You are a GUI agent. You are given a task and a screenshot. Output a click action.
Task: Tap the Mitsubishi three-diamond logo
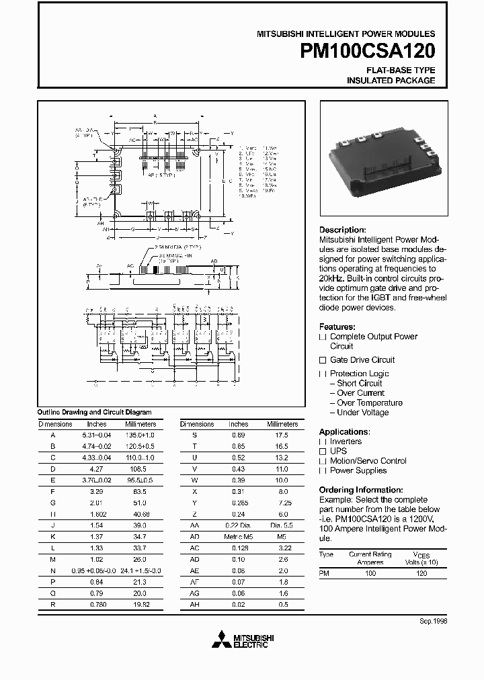click(x=220, y=640)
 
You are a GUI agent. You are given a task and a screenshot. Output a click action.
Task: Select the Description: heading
click(x=342, y=230)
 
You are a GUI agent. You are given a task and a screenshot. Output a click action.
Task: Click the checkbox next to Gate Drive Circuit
click(x=323, y=360)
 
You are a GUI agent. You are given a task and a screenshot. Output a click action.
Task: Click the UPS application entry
click(x=338, y=452)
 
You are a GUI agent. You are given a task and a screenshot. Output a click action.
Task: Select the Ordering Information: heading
click(x=360, y=490)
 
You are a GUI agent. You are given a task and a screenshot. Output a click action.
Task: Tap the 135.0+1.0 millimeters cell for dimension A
click(x=140, y=435)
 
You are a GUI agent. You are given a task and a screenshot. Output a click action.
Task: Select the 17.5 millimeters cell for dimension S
click(x=282, y=435)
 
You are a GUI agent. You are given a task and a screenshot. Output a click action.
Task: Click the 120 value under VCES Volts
click(x=421, y=574)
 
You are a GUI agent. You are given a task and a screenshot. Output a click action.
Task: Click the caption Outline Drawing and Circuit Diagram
click(x=94, y=412)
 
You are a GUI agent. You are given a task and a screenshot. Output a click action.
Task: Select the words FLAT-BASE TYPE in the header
click(x=400, y=70)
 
